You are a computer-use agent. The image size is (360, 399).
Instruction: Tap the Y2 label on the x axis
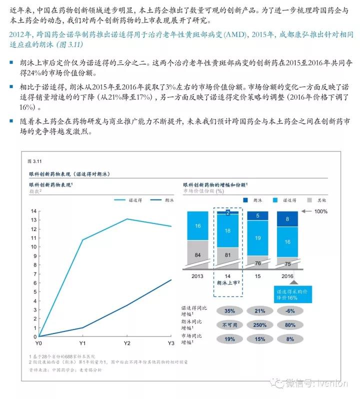pos(127,343)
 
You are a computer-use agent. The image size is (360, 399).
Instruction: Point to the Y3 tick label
pos(170,343)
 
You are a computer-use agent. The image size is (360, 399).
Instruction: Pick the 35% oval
pos(229,310)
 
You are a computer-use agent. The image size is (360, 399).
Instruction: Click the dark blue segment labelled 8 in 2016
pos(287,218)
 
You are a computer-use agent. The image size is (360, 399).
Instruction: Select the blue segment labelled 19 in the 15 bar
pos(257,238)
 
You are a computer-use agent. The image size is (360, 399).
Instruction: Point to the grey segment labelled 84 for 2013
pos(198,255)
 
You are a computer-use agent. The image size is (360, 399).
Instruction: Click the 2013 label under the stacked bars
pos(198,275)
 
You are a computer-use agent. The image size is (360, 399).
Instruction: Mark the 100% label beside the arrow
pos(320,211)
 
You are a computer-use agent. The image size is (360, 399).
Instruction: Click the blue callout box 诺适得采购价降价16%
pos(293,293)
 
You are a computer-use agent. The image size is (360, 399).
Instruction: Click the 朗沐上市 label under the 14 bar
pos(228,282)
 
